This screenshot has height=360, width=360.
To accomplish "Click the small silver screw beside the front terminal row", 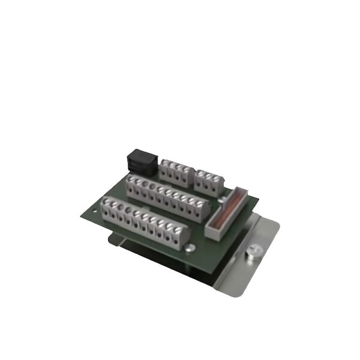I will [x=189, y=247].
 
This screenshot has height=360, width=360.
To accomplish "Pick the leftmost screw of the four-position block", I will [x=165, y=164].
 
